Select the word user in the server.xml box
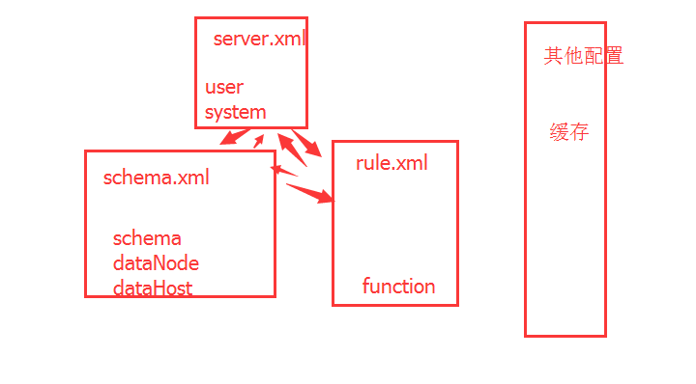point(223,87)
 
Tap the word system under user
point(235,112)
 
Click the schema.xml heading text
point(156,178)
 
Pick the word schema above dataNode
point(147,238)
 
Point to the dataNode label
point(156,262)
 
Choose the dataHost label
point(153,288)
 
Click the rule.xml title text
point(391,163)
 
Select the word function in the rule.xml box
point(398,286)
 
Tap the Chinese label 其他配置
point(583,56)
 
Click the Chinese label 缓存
point(569,133)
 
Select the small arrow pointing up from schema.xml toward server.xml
point(258,142)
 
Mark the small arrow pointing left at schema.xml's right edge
point(283,172)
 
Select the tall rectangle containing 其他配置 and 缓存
point(565,241)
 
